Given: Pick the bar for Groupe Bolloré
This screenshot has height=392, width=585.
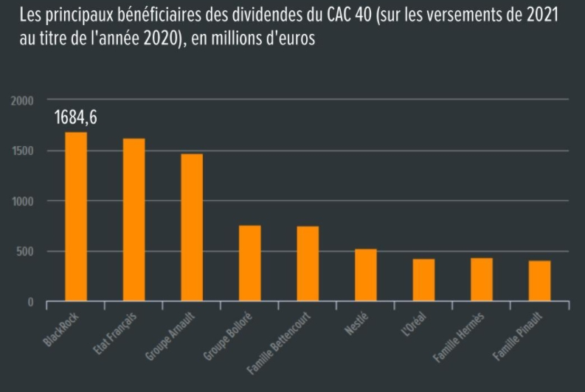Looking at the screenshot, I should tap(249, 263).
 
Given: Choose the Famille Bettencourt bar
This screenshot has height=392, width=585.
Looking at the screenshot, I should tap(308, 264).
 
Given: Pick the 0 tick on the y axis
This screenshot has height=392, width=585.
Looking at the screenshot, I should tap(31, 302).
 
